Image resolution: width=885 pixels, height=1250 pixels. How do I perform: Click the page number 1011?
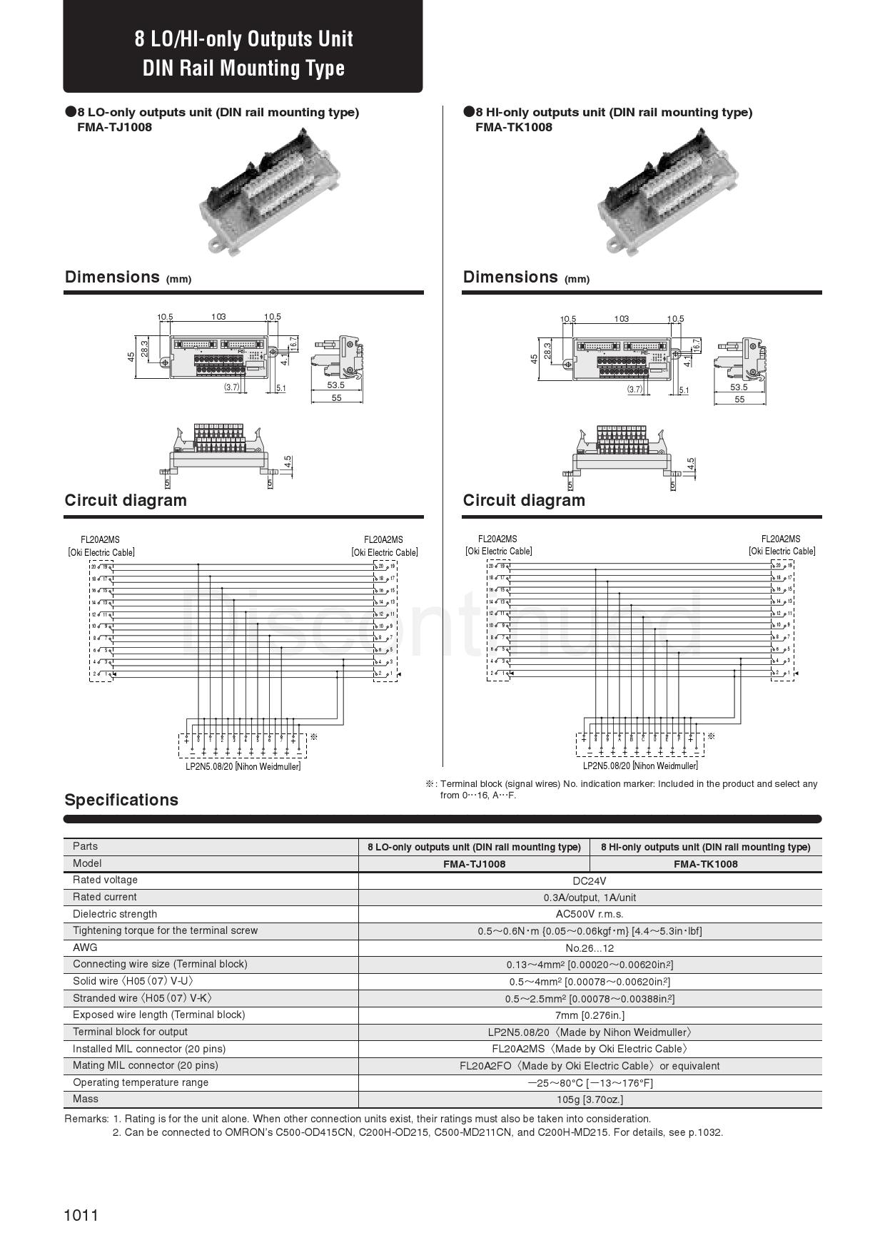click(81, 1215)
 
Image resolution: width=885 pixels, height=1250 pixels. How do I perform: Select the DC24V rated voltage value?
click(590, 880)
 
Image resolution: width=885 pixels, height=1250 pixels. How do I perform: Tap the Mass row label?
click(86, 1099)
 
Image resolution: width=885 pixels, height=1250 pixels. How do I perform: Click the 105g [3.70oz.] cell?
click(590, 1099)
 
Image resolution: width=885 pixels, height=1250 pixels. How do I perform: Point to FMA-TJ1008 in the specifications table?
click(474, 864)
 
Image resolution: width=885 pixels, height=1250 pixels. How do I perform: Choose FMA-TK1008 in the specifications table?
click(705, 864)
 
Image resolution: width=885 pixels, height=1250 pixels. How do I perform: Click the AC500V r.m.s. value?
click(590, 914)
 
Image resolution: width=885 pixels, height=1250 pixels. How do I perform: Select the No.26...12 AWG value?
click(590, 948)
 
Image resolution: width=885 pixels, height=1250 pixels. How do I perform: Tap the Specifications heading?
click(121, 800)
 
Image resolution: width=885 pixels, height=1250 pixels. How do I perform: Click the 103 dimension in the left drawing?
click(218, 316)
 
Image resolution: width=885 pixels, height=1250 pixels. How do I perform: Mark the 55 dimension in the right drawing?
click(739, 400)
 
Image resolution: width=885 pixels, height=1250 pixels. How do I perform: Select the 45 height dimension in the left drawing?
click(131, 356)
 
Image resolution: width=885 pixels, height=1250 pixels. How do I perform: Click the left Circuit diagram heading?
click(126, 500)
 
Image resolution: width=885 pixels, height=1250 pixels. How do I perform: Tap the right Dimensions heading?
click(510, 277)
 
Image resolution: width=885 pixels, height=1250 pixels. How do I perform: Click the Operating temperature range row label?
click(141, 1082)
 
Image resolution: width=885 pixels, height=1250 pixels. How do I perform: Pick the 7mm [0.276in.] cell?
click(590, 1015)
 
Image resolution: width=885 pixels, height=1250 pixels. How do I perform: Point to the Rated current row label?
click(104, 897)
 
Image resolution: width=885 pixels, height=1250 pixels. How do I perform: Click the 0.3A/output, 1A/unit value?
click(590, 898)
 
